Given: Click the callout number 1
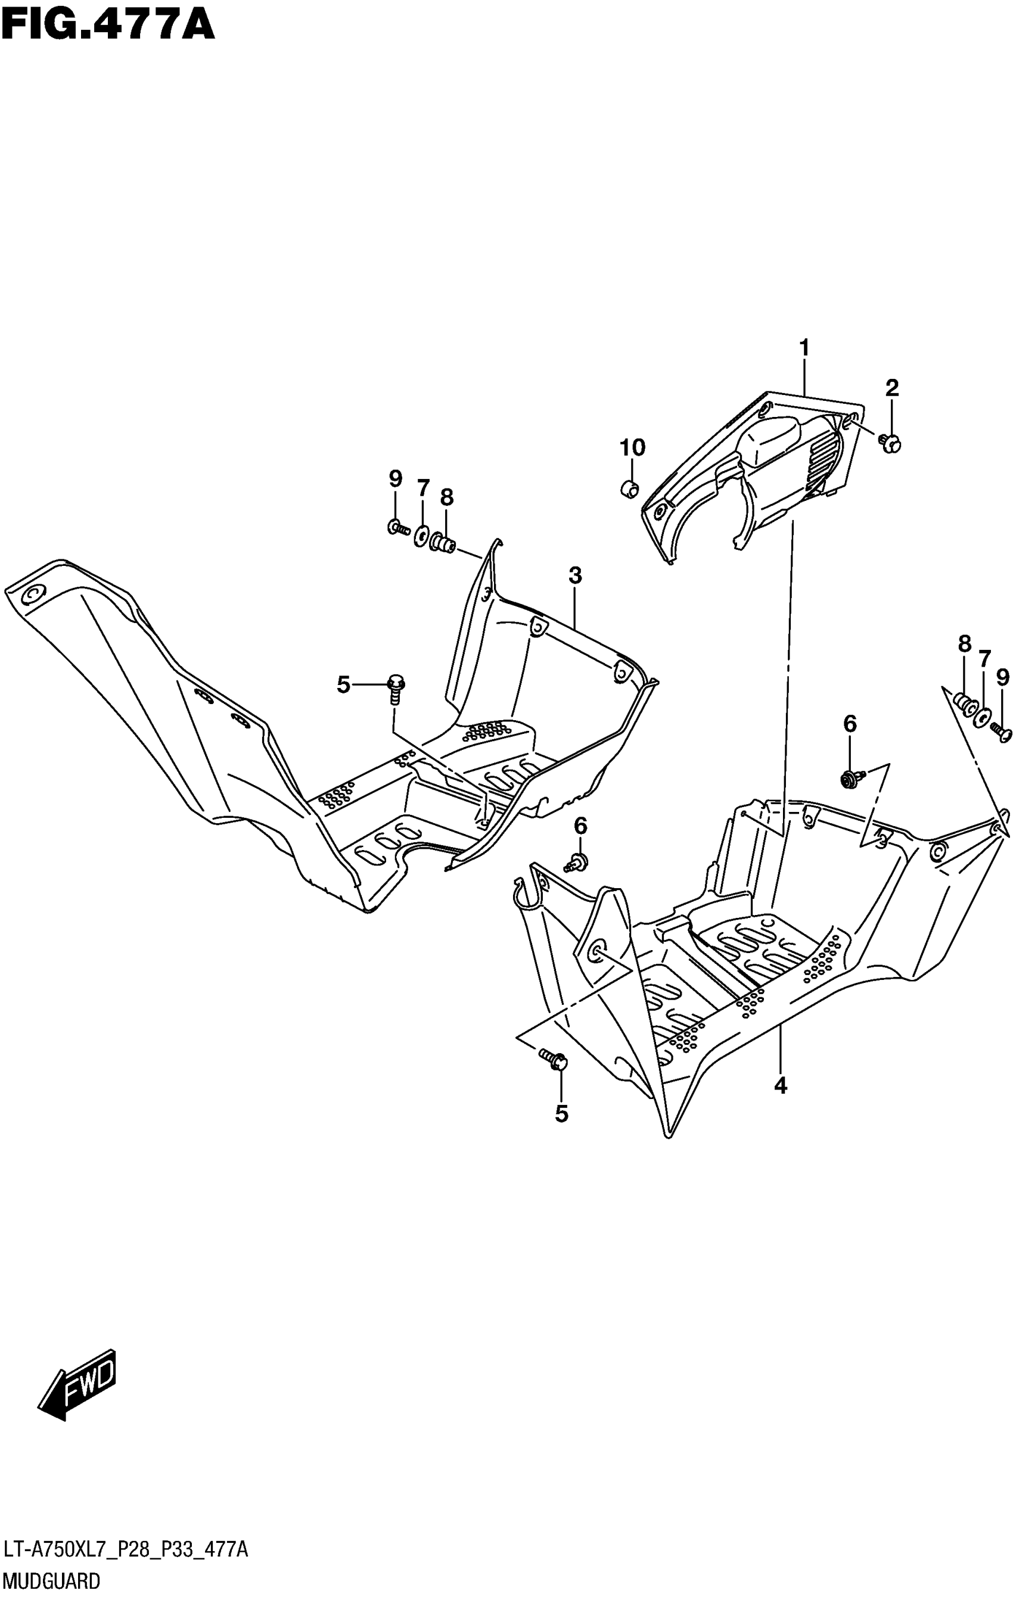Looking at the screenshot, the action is [x=804, y=347].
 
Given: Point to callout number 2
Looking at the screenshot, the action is [x=891, y=387].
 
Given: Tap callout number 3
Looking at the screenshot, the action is [x=575, y=575].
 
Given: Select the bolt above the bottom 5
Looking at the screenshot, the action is [x=553, y=1059].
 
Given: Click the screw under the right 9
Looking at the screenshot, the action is [x=1000, y=733].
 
